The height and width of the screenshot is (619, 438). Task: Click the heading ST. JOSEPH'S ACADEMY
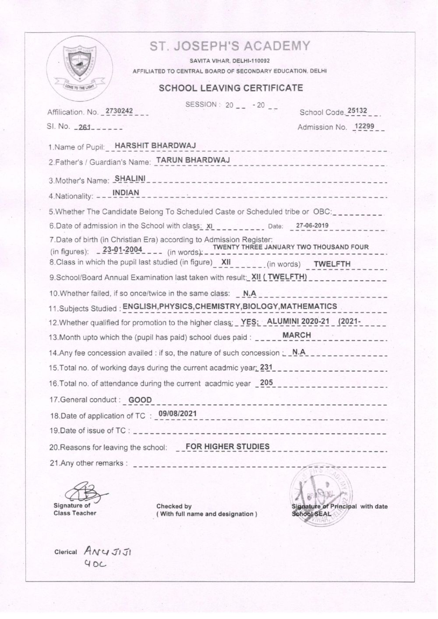(230, 46)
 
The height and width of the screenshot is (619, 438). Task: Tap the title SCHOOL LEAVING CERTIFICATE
(231, 88)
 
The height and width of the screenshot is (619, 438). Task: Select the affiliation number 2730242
(119, 111)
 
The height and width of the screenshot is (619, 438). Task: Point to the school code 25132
(357, 111)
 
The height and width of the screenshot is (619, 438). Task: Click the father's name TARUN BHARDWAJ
(193, 160)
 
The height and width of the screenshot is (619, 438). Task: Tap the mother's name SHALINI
(127, 178)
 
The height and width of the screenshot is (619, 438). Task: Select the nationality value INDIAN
(126, 193)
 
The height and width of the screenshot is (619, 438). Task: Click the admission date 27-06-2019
(312, 226)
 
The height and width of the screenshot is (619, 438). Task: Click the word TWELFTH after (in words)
(332, 264)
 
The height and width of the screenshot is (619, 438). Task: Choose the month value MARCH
(297, 335)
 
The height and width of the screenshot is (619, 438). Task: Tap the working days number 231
(266, 367)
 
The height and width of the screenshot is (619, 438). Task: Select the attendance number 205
(266, 382)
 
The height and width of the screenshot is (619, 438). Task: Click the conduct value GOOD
(140, 400)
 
